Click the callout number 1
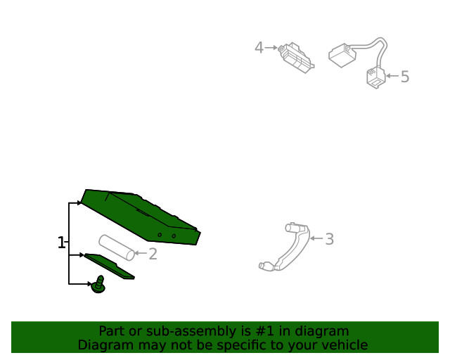61,243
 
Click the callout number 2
153,254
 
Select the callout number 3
330,239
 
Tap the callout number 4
259,48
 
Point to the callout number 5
405,77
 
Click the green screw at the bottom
98,285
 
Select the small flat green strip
109,266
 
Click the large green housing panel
141,217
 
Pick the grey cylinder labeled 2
117,247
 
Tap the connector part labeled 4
296,58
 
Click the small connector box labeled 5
376,77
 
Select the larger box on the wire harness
342,56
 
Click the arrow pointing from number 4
271,48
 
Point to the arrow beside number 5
392,76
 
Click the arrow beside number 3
317,238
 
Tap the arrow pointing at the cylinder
141,253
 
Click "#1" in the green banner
264,331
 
